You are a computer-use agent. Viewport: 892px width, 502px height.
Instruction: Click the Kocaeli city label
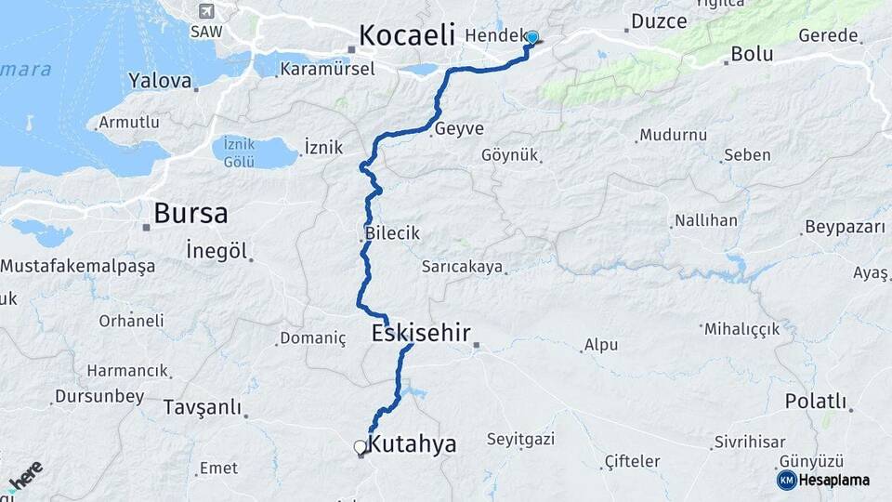407,36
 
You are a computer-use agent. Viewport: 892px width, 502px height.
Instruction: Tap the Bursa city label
190,213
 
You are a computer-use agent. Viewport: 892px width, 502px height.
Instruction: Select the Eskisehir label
421,333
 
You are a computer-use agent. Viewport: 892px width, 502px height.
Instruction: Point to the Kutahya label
413,444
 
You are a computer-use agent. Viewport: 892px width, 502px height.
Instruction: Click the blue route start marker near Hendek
531,37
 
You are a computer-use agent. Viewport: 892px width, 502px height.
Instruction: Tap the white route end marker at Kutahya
361,447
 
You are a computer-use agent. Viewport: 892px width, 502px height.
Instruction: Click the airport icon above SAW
205,12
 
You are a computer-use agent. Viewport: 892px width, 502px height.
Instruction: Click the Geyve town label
459,128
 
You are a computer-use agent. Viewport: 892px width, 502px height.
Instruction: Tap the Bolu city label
752,54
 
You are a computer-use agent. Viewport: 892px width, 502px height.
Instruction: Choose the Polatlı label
816,402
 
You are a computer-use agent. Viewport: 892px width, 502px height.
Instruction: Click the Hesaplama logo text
834,480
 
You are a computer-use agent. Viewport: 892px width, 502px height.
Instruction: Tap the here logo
26,476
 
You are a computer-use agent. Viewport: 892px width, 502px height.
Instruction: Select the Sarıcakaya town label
462,267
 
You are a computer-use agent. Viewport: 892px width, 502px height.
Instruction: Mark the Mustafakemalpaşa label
77,266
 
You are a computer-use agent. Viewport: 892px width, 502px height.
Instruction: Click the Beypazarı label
842,228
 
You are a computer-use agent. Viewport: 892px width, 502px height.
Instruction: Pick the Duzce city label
659,20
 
